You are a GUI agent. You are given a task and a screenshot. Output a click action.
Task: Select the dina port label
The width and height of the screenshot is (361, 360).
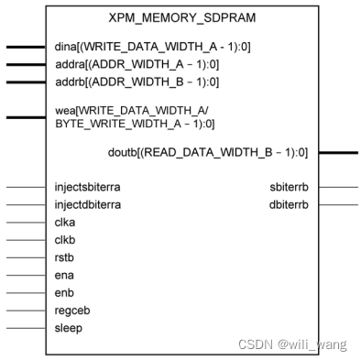tap(137, 46)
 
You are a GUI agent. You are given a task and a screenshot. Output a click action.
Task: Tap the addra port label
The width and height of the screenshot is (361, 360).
tap(137, 64)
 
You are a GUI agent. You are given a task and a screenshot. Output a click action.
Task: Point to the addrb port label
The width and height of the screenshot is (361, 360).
tap(137, 82)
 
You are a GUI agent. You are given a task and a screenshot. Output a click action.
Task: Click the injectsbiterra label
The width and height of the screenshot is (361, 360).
tap(87, 187)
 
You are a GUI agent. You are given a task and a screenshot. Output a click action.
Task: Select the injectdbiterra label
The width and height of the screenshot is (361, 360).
tap(87, 204)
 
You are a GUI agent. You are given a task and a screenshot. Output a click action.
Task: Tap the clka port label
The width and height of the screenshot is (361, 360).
tap(66, 223)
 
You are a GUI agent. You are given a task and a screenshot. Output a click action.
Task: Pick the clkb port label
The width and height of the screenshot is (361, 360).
tap(66, 240)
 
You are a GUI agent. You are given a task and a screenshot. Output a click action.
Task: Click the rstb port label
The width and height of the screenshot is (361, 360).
tap(65, 257)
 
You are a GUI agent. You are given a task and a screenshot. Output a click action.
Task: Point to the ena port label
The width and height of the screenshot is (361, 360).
tap(64, 275)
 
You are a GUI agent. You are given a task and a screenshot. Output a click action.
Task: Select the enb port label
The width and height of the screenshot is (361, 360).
tap(64, 292)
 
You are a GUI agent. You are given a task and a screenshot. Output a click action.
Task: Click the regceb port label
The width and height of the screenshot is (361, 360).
tap(71, 310)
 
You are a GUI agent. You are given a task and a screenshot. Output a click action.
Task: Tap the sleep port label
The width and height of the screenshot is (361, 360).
tap(69, 327)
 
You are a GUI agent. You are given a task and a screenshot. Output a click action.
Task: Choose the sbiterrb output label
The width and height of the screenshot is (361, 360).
tap(290, 187)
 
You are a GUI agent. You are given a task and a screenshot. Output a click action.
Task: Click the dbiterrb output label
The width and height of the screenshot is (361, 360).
tap(289, 204)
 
